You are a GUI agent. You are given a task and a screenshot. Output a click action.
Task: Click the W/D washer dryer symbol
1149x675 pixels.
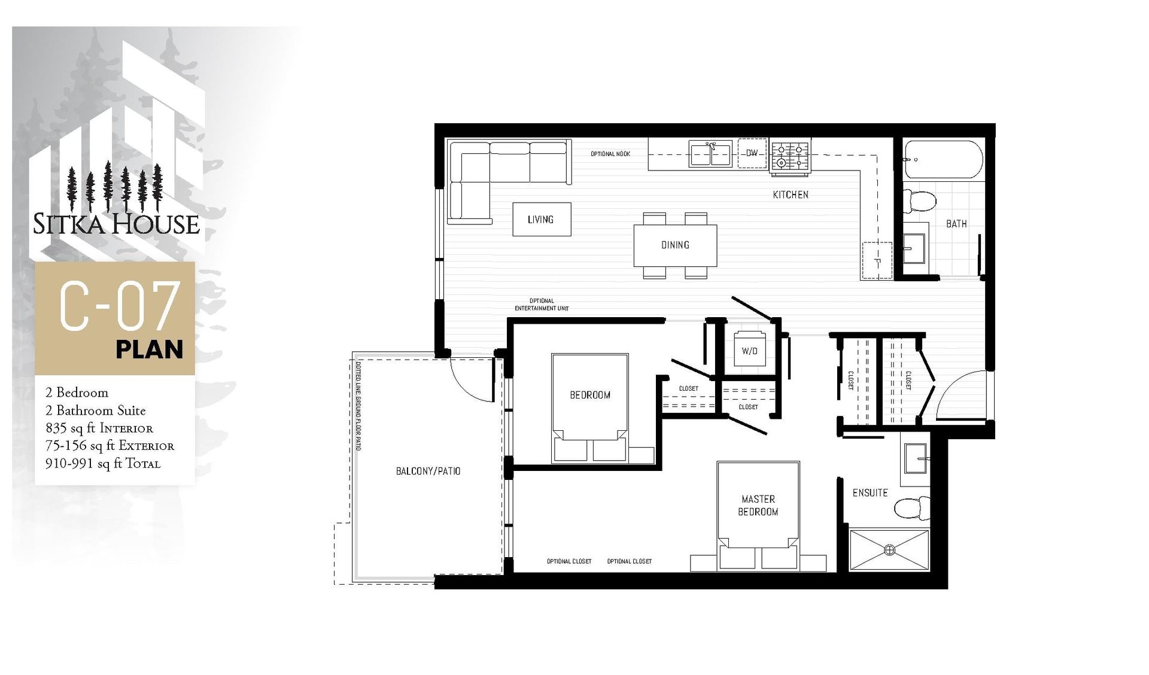(749, 351)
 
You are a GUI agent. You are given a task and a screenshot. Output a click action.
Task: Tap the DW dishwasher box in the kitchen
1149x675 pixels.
(752, 153)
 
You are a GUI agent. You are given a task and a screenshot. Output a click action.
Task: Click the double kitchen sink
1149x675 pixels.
(710, 153)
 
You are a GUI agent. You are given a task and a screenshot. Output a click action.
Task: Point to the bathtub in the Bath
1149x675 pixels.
(943, 159)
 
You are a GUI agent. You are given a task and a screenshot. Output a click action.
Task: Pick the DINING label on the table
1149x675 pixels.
(675, 245)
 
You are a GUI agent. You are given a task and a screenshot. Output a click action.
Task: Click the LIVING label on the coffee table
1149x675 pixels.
(540, 220)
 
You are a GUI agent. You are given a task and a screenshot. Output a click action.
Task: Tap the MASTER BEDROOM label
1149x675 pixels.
(758, 505)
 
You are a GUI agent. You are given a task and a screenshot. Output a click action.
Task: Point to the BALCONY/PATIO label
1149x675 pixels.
(428, 471)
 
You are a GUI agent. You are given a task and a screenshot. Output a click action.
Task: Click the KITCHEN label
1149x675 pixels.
(791, 194)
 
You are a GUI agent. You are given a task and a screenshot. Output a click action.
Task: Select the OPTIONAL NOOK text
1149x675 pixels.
(610, 154)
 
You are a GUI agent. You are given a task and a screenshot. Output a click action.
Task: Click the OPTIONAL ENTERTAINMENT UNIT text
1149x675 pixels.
(542, 305)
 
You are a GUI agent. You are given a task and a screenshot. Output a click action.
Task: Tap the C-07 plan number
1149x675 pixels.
(120, 307)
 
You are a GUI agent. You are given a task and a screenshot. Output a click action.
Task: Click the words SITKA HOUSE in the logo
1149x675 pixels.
(116, 224)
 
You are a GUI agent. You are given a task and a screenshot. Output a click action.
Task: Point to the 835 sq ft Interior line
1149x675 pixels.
(99, 428)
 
